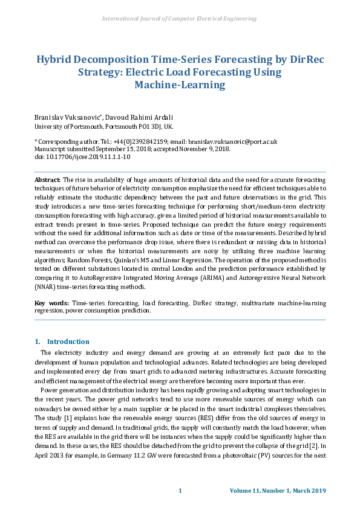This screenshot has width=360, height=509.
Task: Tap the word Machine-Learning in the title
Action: tap(180, 85)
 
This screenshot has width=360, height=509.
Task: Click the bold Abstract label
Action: tap(47, 180)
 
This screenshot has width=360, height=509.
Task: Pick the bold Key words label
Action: tap(51, 302)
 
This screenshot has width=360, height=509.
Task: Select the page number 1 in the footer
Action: tap(180, 490)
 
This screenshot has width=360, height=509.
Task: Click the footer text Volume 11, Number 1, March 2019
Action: tap(278, 490)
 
